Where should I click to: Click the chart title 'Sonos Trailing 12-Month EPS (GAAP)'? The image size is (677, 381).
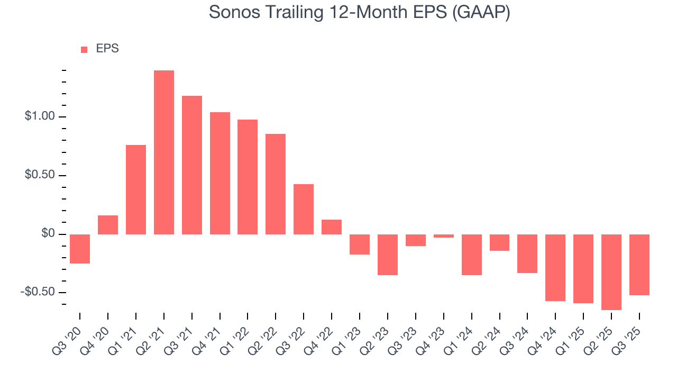pyautogui.click(x=360, y=12)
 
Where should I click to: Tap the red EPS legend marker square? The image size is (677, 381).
pyautogui.click(x=84, y=50)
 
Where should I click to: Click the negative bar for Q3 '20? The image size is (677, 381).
pyautogui.click(x=80, y=249)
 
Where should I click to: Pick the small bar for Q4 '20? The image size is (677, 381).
pyautogui.click(x=108, y=225)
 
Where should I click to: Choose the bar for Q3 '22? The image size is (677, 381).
pyautogui.click(x=304, y=209)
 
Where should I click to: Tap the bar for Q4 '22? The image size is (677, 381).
pyautogui.click(x=332, y=227)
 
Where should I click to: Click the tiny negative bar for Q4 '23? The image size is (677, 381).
pyautogui.click(x=443, y=236)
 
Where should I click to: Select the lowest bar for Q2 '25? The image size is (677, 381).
pyautogui.click(x=611, y=272)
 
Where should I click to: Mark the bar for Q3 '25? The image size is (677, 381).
pyautogui.click(x=639, y=265)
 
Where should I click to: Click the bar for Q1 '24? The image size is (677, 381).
pyautogui.click(x=471, y=255)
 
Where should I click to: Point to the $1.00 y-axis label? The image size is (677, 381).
pyautogui.click(x=40, y=117)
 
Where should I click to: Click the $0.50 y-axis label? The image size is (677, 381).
pyautogui.click(x=40, y=176)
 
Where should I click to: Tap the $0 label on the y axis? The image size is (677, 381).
pyautogui.click(x=48, y=234)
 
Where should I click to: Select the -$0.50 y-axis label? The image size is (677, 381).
pyautogui.click(x=38, y=293)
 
